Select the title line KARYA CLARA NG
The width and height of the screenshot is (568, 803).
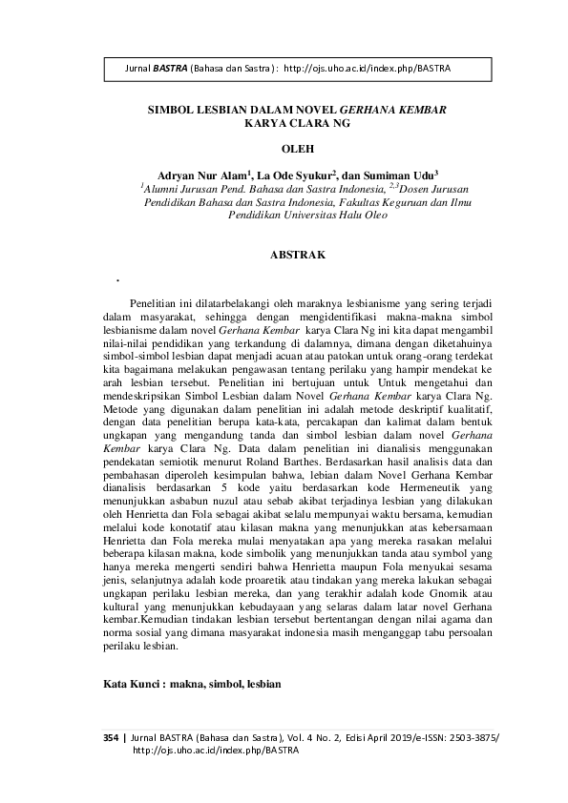296,124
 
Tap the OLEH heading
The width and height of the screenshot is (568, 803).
296,149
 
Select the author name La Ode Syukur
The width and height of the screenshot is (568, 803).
291,175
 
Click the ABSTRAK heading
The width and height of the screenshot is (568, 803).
298,256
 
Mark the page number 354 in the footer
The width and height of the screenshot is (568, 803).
113,738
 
